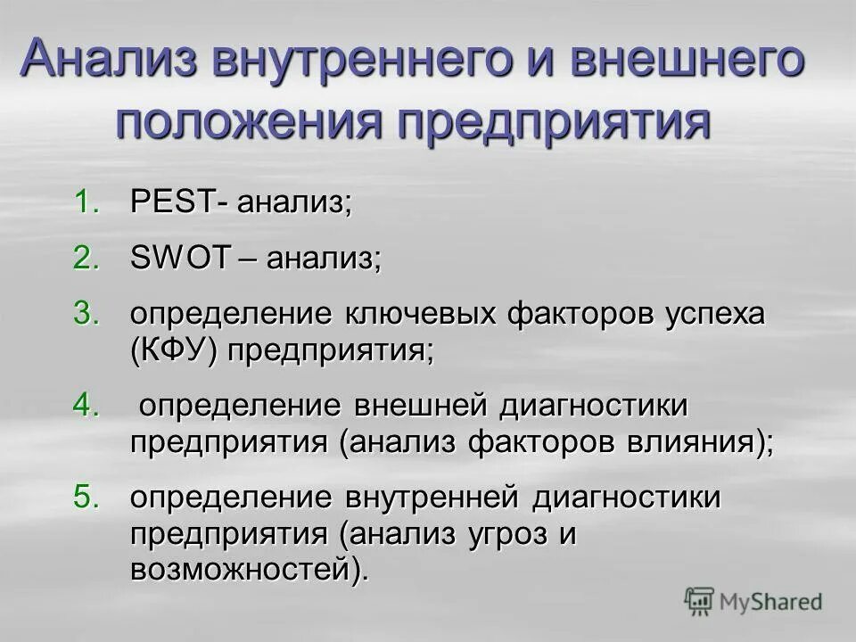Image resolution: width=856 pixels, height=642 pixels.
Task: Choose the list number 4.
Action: (84, 406)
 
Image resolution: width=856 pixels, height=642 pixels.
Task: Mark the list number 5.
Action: (84, 497)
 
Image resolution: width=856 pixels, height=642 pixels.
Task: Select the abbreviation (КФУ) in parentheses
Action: (175, 350)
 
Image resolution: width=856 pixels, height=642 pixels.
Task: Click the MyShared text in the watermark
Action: (770, 602)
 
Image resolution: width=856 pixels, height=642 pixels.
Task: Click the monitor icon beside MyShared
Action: (700, 601)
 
